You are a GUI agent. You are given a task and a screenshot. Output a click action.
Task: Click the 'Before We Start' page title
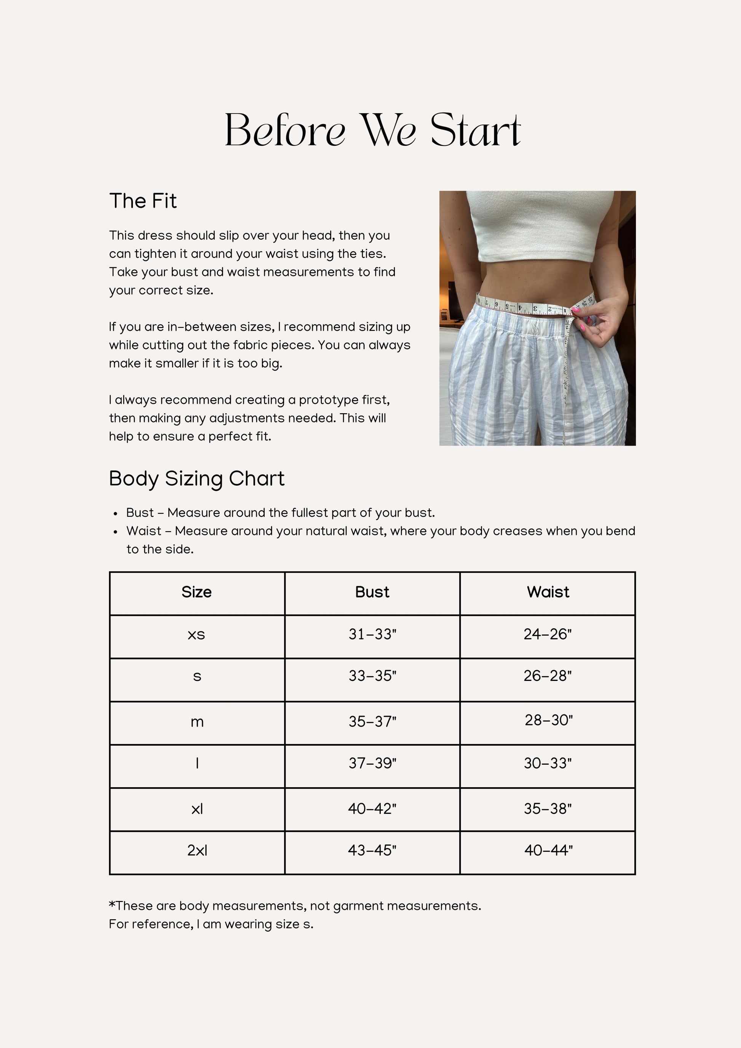pyautogui.click(x=372, y=131)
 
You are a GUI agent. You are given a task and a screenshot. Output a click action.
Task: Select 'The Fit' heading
pyautogui.click(x=143, y=201)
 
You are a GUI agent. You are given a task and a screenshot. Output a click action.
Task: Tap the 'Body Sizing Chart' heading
pyautogui.click(x=196, y=479)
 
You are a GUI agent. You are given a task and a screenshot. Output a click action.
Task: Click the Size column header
pyautogui.click(x=196, y=592)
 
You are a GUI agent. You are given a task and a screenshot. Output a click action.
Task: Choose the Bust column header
pyautogui.click(x=372, y=592)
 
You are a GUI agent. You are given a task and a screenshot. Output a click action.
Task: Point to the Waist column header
pyautogui.click(x=548, y=592)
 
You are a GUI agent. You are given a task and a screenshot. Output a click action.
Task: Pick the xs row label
pyautogui.click(x=196, y=634)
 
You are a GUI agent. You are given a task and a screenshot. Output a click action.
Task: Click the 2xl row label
pyautogui.click(x=197, y=850)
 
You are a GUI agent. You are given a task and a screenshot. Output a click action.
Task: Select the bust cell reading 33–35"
pyautogui.click(x=372, y=676)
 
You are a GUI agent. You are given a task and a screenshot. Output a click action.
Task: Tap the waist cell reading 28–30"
pyautogui.click(x=548, y=720)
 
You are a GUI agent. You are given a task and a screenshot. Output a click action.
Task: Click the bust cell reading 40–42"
pyautogui.click(x=372, y=809)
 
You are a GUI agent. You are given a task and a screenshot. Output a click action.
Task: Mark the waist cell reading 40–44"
pyautogui.click(x=548, y=850)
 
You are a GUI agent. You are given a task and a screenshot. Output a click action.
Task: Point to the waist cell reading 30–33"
pyautogui.click(x=548, y=763)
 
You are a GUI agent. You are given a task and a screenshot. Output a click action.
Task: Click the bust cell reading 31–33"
pyautogui.click(x=372, y=634)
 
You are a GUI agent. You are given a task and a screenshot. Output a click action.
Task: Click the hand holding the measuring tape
pyautogui.click(x=602, y=320)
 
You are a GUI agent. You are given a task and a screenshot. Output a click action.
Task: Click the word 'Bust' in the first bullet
pyautogui.click(x=140, y=513)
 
